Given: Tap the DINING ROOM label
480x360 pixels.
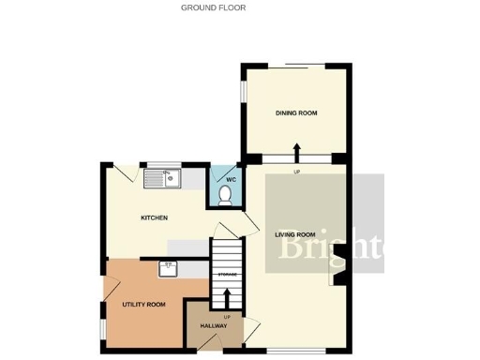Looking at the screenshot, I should (x=296, y=113).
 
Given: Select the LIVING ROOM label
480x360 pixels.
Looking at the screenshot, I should (x=294, y=234).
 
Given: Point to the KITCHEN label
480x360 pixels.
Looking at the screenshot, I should (x=154, y=218).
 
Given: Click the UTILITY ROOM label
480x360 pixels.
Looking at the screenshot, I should (x=143, y=305).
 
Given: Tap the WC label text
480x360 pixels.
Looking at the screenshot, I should (x=231, y=178).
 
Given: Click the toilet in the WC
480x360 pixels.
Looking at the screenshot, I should (x=224, y=195).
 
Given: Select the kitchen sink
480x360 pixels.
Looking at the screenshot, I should (x=159, y=174).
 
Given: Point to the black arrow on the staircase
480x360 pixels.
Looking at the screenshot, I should (x=225, y=297).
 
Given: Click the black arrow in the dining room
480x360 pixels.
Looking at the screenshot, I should (x=297, y=151).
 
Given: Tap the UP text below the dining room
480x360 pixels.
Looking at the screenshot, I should (x=296, y=172).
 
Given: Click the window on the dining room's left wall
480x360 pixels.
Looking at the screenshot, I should (x=244, y=90).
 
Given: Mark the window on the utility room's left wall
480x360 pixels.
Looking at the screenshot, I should (x=102, y=313).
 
